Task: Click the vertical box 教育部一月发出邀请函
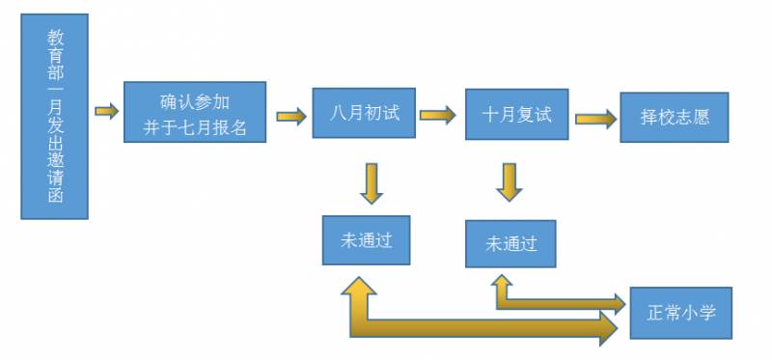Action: [54, 116]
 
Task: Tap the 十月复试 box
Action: [516, 115]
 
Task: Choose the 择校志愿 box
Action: [675, 119]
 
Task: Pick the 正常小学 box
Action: [681, 313]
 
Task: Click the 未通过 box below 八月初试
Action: [366, 240]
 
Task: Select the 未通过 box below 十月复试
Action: [510, 243]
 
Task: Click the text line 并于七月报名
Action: [194, 125]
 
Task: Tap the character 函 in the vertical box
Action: [55, 197]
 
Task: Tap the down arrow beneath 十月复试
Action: [510, 181]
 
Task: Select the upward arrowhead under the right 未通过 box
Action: [501, 282]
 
